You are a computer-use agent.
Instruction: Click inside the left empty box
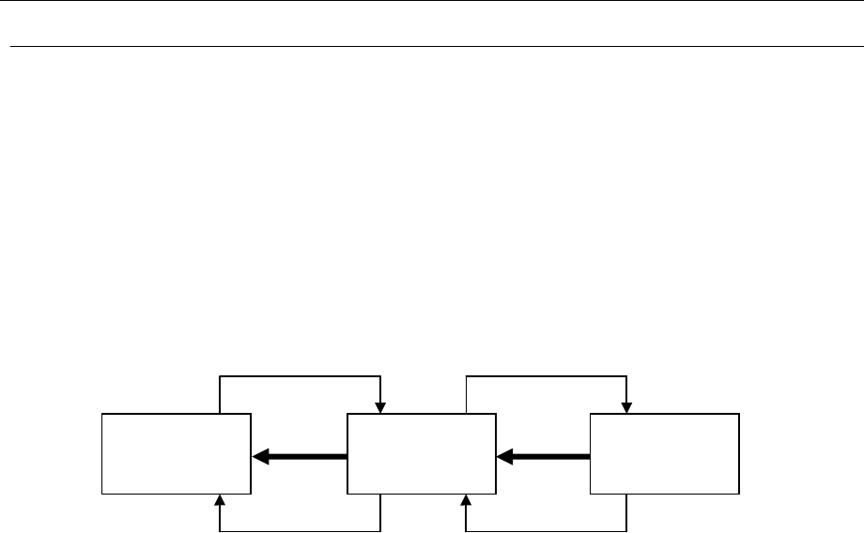(x=177, y=453)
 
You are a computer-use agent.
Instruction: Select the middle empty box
(x=422, y=453)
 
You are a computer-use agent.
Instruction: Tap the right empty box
(x=664, y=453)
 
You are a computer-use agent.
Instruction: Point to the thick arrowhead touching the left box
(x=260, y=456)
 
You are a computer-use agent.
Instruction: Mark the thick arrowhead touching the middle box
(x=504, y=456)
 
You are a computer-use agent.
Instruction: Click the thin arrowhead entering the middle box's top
(x=379, y=407)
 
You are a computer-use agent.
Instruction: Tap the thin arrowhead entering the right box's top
(x=625, y=407)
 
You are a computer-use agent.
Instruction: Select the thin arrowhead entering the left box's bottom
(x=220, y=499)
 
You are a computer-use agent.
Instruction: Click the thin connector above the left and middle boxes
(x=300, y=377)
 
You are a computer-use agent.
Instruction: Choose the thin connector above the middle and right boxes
(x=546, y=377)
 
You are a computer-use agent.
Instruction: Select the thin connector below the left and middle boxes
(x=300, y=531)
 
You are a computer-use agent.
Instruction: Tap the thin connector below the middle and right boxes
(x=546, y=531)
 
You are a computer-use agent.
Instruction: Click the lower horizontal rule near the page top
(x=432, y=46)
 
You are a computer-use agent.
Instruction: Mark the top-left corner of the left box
(x=102, y=413)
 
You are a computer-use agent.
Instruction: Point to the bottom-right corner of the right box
(x=739, y=494)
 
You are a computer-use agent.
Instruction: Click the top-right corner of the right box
(x=739, y=413)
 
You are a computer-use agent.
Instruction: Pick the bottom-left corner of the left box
(x=102, y=494)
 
